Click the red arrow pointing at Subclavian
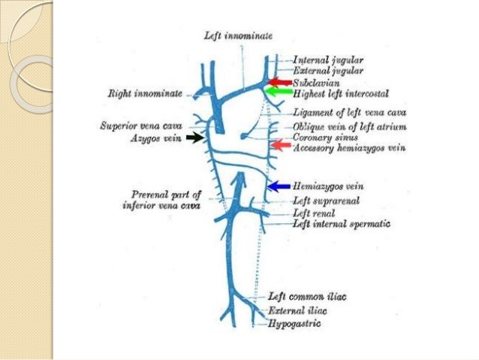(x=280, y=81)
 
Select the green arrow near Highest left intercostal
(x=280, y=92)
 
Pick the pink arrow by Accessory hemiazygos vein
(x=280, y=144)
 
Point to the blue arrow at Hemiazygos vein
(x=279, y=186)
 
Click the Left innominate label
(x=237, y=35)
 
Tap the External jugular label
(x=328, y=69)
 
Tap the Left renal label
(x=312, y=213)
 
